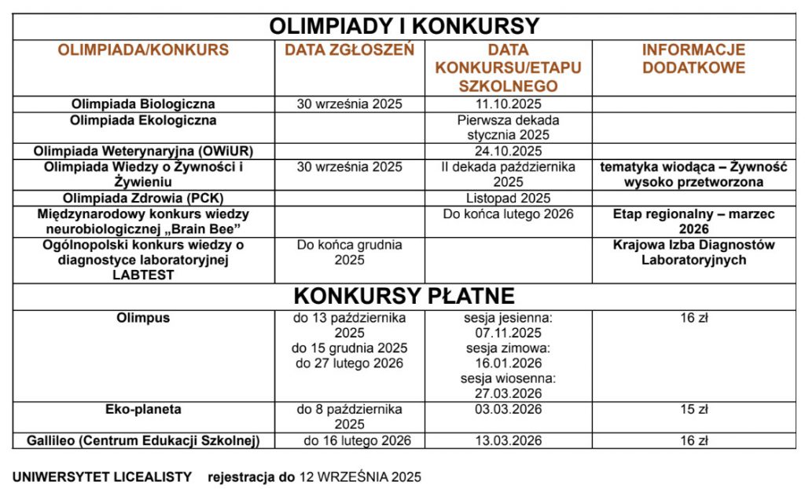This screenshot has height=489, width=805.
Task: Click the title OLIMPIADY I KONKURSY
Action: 404,26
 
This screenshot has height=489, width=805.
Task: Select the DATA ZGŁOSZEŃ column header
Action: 349,50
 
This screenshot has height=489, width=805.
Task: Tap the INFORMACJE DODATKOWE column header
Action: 693,59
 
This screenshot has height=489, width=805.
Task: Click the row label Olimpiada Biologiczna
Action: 143,104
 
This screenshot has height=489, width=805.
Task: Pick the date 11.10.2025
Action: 508,104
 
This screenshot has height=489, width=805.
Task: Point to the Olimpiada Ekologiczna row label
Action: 143,121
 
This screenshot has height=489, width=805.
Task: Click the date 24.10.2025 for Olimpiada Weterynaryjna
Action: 508,151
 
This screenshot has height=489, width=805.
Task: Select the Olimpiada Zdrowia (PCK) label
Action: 143,198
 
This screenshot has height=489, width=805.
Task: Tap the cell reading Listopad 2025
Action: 508,198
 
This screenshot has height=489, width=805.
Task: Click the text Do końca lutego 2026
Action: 508,213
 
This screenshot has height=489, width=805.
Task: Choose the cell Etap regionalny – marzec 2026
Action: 693,221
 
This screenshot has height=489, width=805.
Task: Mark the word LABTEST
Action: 143,275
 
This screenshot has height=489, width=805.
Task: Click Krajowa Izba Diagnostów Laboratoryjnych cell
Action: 693,252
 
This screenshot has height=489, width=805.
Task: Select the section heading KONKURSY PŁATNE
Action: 404,296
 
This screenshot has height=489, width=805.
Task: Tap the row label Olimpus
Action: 143,318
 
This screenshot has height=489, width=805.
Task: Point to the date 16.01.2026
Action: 508,363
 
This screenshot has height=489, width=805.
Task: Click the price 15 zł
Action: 693,409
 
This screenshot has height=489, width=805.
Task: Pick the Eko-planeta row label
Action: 143,409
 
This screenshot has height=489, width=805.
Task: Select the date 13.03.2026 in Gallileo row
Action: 508,440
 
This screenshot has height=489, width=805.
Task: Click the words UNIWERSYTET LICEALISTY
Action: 102,476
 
